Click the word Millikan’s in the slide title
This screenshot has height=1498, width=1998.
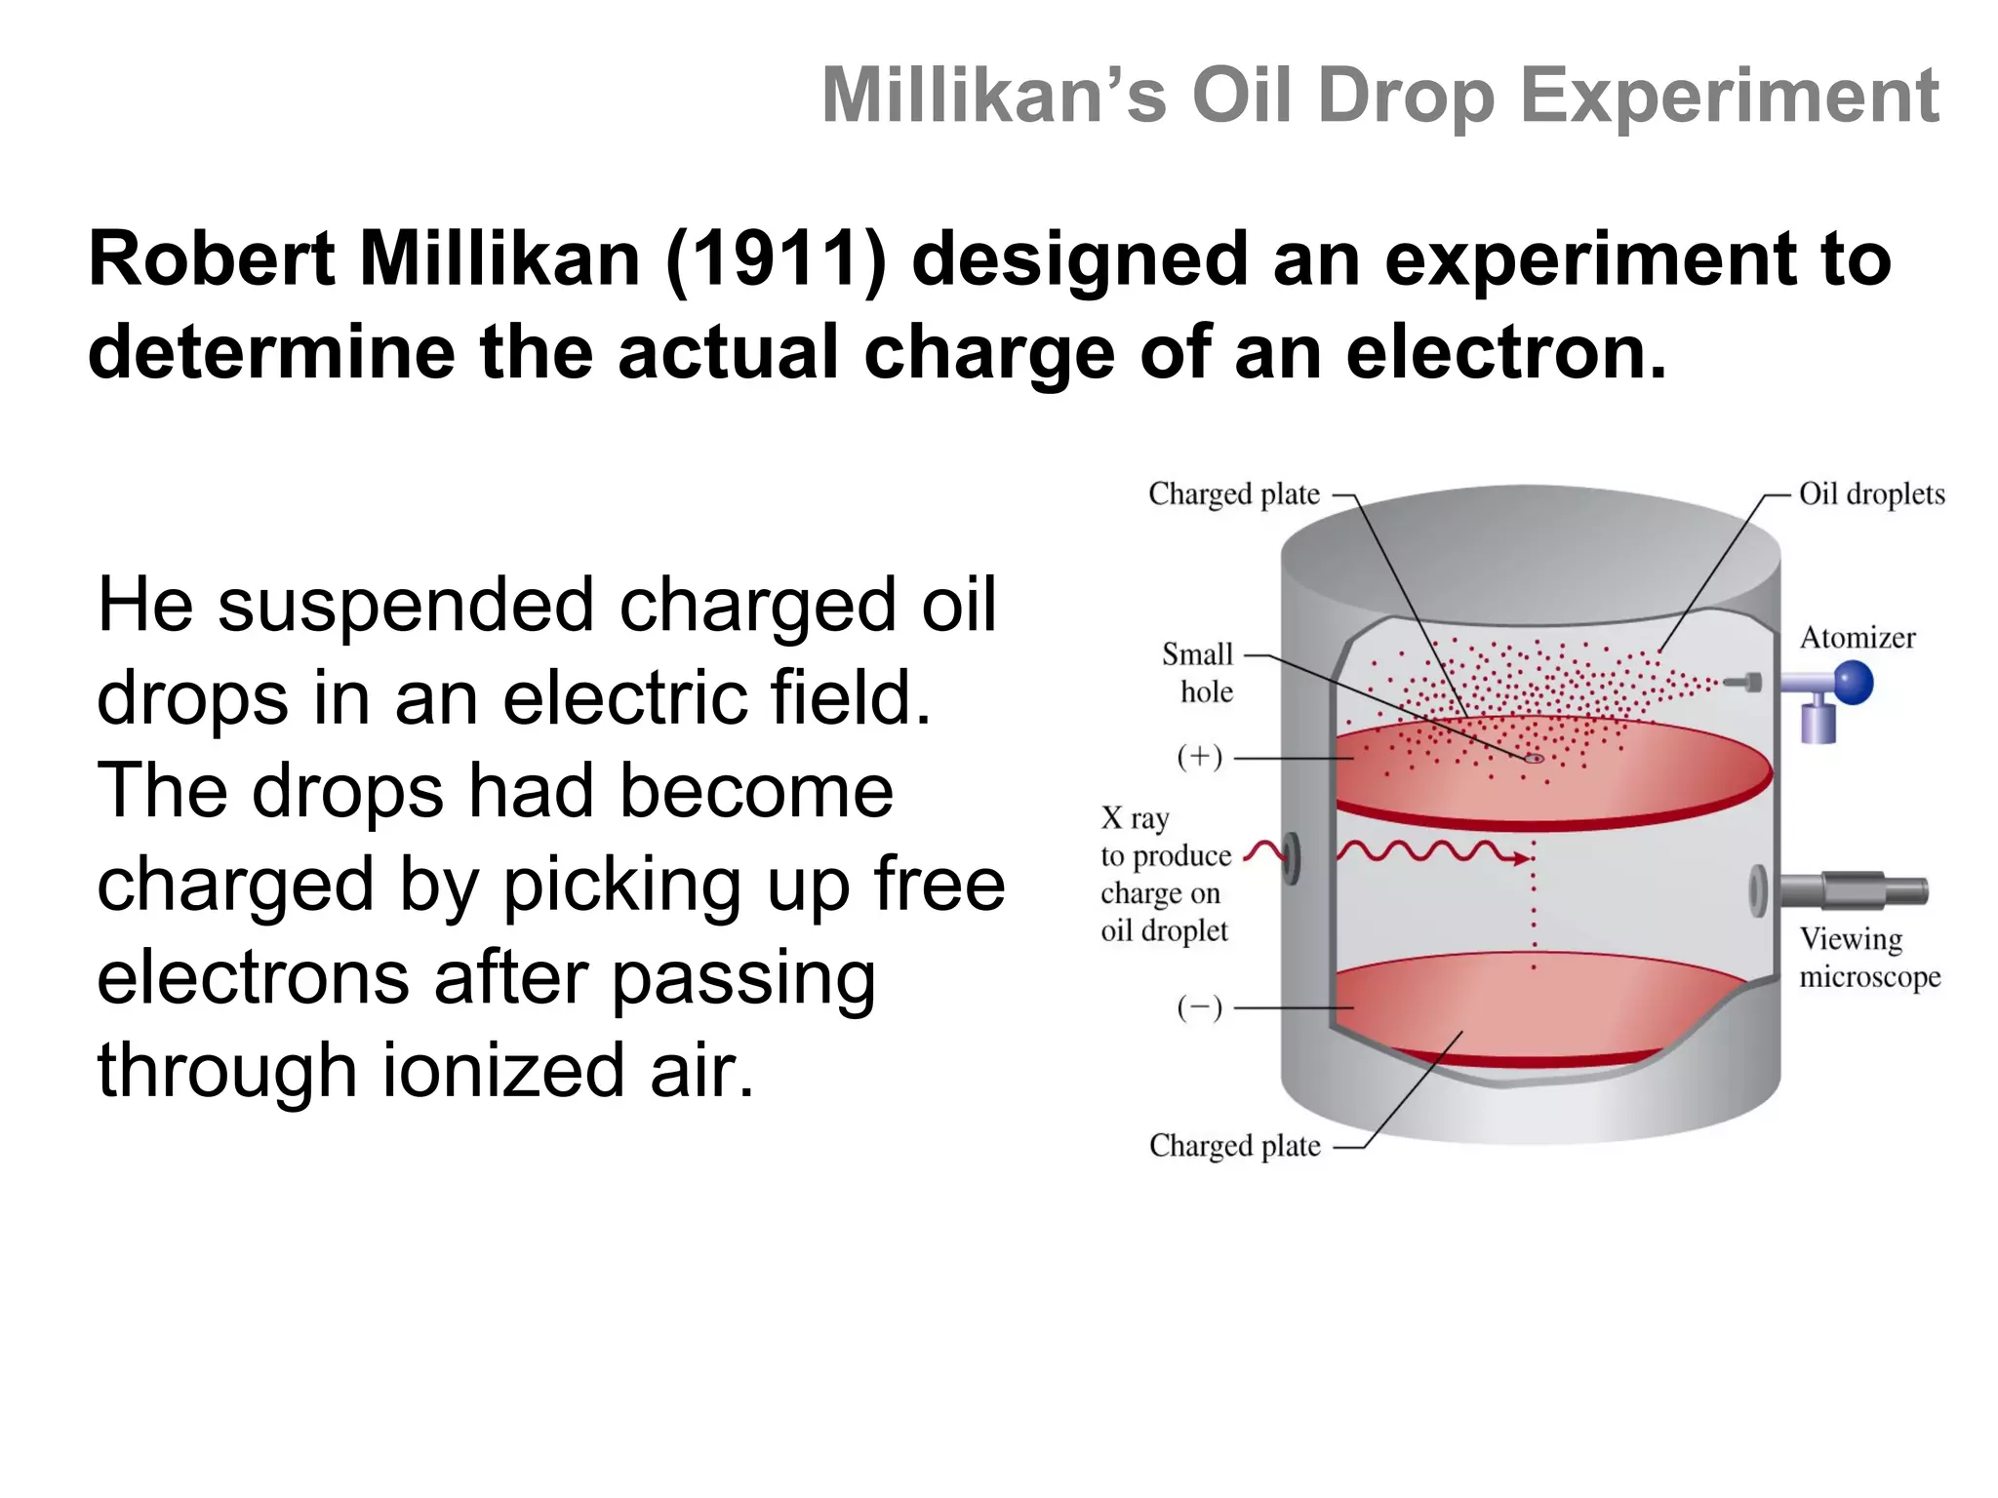[993, 96]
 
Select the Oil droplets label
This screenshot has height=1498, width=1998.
[1871, 493]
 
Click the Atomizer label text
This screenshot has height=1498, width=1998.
[1857, 638]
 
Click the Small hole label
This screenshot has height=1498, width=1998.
[1198, 672]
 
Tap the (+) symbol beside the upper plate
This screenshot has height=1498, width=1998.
[1199, 757]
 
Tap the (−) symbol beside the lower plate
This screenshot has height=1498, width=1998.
[1199, 1007]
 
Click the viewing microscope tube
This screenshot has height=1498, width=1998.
[1854, 889]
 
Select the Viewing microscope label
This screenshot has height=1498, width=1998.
[1868, 957]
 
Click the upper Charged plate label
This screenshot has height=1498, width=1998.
[1233, 494]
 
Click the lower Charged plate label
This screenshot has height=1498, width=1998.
[1234, 1146]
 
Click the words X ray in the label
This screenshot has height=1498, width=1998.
[1135, 817]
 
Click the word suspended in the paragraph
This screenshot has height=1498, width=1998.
[405, 605]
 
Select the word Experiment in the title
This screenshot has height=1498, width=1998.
[1729, 96]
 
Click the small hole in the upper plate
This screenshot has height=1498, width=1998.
[1534, 758]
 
